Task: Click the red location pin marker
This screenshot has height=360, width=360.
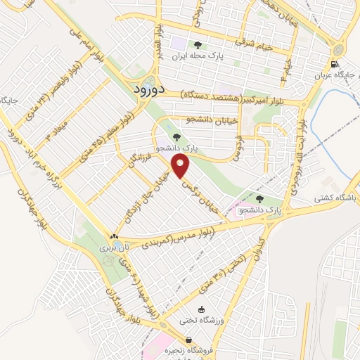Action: point(181,166)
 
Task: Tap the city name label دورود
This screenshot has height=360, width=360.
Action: point(149,89)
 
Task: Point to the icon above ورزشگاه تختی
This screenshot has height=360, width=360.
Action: point(201,309)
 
